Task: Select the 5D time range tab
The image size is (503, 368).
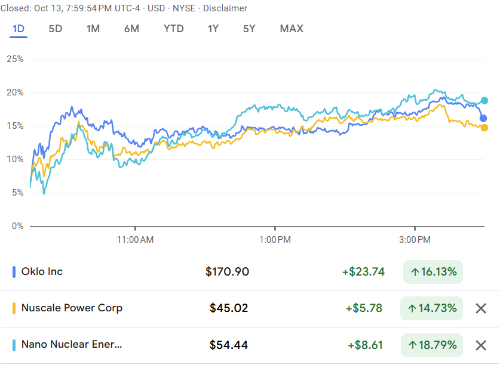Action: (x=55, y=29)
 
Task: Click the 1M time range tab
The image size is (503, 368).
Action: (x=93, y=29)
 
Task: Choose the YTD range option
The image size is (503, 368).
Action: (x=174, y=29)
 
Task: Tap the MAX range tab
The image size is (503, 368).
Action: (x=292, y=29)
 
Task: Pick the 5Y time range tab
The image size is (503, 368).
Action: (x=249, y=29)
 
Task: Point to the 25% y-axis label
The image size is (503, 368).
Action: (x=15, y=59)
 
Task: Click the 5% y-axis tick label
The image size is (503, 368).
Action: (x=17, y=193)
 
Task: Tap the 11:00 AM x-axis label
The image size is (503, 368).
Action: (x=136, y=240)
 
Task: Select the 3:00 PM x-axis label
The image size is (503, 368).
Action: (x=415, y=240)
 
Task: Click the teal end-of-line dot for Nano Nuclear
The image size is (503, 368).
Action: (x=484, y=101)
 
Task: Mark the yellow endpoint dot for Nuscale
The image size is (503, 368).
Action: (x=484, y=128)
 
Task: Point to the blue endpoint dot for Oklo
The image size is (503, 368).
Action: (x=483, y=118)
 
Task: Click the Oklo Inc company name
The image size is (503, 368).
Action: (x=42, y=272)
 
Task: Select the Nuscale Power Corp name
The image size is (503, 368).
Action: (x=72, y=308)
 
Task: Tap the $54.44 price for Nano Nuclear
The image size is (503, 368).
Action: (x=229, y=345)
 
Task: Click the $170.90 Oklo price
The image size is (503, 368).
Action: (x=227, y=272)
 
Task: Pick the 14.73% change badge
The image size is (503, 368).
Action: (x=433, y=308)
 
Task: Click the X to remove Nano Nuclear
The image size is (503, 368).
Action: (x=481, y=345)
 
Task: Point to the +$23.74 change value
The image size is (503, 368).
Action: (x=363, y=272)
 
